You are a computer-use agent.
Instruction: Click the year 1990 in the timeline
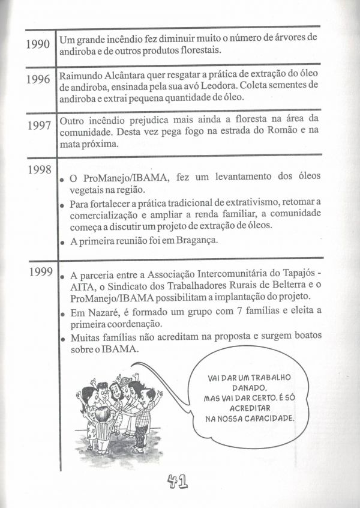[x=38, y=46]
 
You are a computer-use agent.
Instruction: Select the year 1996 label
[x=38, y=80]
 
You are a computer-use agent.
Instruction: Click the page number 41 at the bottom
[x=179, y=481]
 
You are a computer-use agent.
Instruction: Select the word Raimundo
[x=81, y=77]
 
